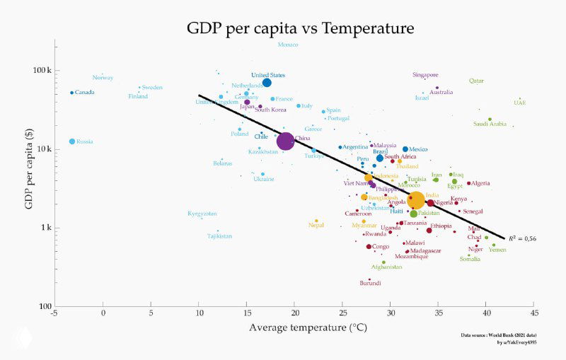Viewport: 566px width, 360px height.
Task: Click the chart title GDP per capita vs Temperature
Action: [300, 29]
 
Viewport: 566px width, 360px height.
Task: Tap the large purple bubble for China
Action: [285, 141]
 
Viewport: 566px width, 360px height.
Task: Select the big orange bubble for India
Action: [416, 200]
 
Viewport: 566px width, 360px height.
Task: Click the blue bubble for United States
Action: [267, 83]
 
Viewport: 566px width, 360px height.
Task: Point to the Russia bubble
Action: [72, 141]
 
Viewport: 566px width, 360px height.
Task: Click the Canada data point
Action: [72, 93]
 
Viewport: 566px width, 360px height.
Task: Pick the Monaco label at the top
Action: [288, 45]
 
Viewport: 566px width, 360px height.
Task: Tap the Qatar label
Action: [476, 81]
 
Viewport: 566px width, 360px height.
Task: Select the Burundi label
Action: [370, 283]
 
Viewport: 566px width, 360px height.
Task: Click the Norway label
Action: [103, 78]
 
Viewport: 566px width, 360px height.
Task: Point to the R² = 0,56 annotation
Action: [523, 238]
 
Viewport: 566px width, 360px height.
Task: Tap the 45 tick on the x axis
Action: [534, 313]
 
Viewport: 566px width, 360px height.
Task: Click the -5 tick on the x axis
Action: [54, 313]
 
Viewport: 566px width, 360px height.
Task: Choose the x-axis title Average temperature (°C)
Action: [294, 327]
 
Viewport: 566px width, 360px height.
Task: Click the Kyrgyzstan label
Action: [202, 214]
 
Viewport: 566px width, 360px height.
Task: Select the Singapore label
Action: [426, 75]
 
